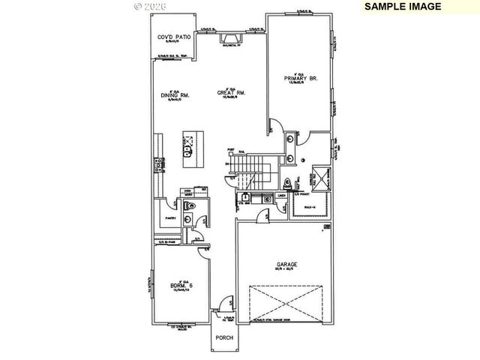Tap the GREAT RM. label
tap(232, 94)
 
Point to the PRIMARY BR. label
tap(301, 77)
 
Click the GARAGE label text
tap(286, 265)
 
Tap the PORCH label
tap(224, 337)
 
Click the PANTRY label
tap(170, 218)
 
